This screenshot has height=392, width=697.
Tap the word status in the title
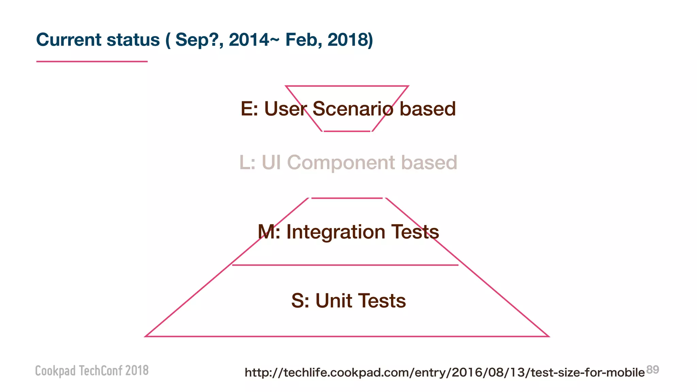pos(133,40)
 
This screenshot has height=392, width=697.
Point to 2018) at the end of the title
pos(350,40)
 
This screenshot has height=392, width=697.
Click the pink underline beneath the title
pos(92,62)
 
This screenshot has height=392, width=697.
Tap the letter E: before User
pos(249,109)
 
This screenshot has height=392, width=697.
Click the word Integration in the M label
pos(336,232)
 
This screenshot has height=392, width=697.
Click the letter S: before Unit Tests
pos(300,301)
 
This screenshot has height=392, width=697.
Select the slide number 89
pos(652,370)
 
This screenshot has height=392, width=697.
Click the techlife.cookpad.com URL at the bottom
pos(444,373)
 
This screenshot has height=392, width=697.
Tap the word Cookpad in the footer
pos(55,371)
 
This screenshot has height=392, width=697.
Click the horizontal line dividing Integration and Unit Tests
pos(345,265)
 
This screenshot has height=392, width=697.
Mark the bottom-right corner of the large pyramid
pos(548,336)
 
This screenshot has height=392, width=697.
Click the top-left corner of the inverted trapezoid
pos(286,86)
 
